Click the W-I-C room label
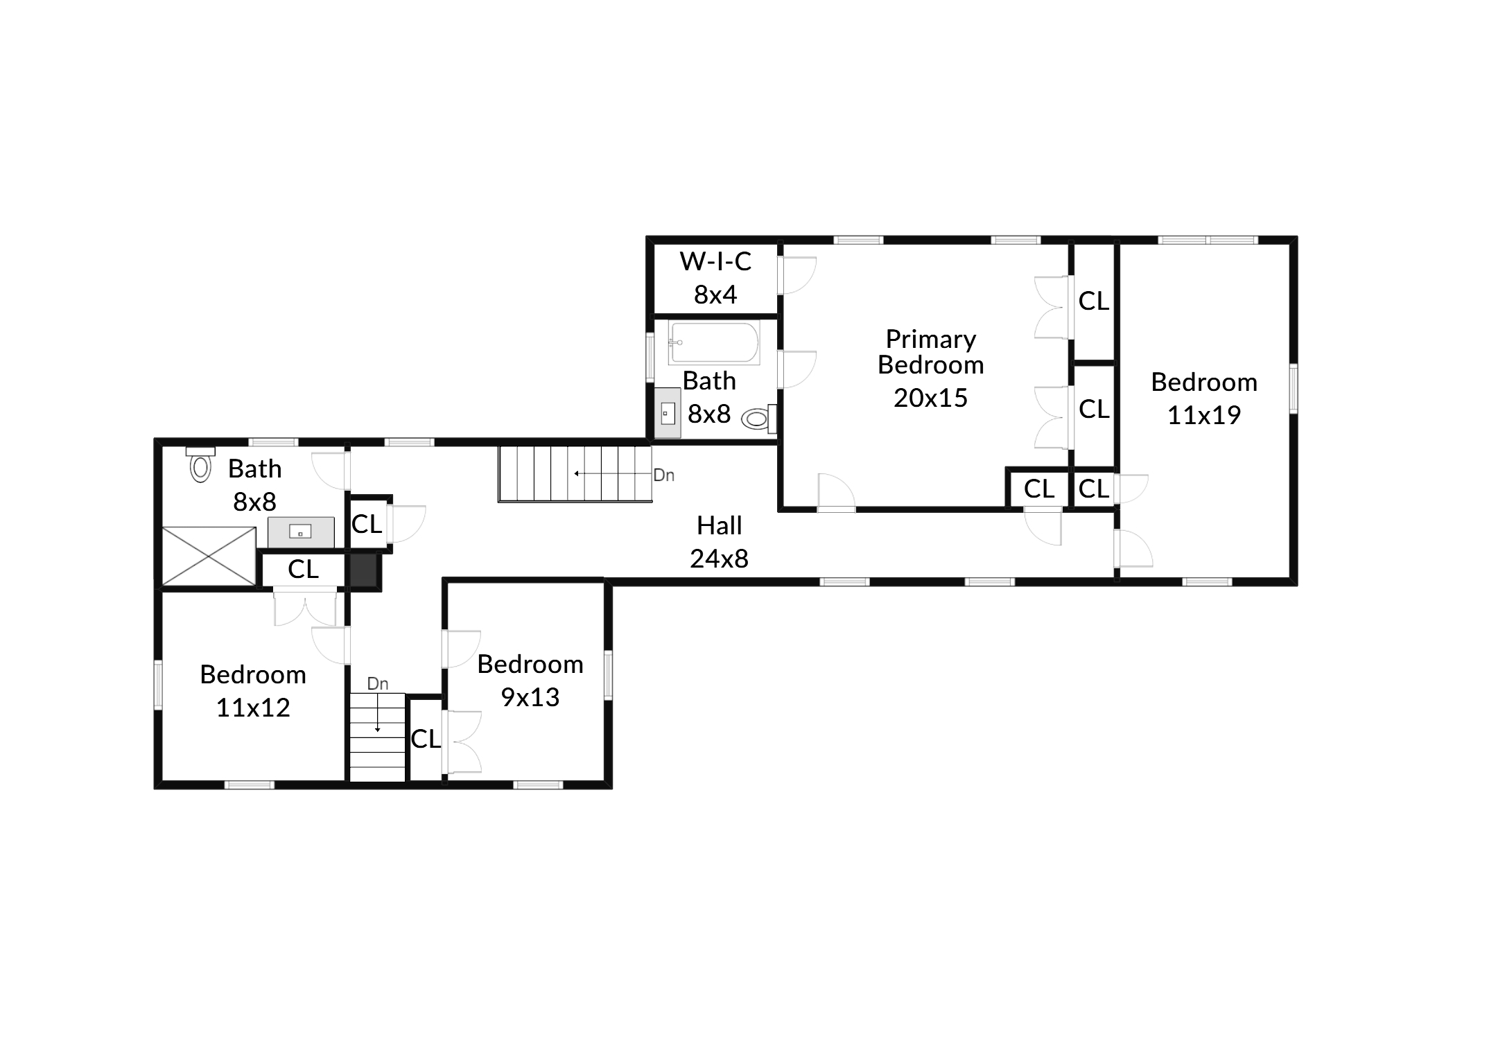(715, 261)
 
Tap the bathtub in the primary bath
(714, 343)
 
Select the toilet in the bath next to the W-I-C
(758, 419)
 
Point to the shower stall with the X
(209, 556)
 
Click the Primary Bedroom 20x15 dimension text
(930, 398)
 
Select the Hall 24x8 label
(719, 542)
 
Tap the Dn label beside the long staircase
(663, 475)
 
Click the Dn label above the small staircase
(377, 684)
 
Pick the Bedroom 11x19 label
(1204, 398)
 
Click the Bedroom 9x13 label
(530, 681)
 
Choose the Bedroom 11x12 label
(253, 691)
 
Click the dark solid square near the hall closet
(363, 571)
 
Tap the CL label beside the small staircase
(426, 739)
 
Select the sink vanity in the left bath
(301, 532)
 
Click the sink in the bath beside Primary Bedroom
(668, 413)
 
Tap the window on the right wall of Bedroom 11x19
(1294, 389)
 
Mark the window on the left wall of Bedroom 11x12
(158, 685)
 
